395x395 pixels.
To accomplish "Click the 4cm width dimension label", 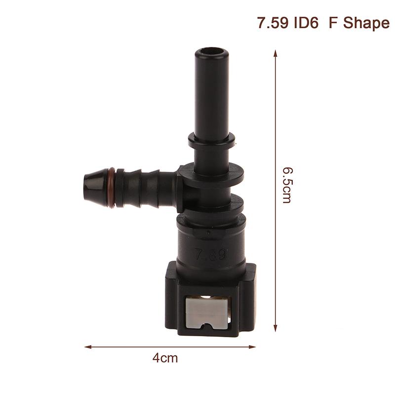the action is point(165,358).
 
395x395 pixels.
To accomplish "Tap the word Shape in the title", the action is point(366,23).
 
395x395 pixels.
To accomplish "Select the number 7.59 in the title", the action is point(273,23).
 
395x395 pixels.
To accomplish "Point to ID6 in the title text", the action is point(306,23).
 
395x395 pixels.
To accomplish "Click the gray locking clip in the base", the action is point(207,313).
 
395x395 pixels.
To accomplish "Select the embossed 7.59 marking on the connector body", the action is point(211,255).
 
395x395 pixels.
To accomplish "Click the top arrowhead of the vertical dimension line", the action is point(276,53).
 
